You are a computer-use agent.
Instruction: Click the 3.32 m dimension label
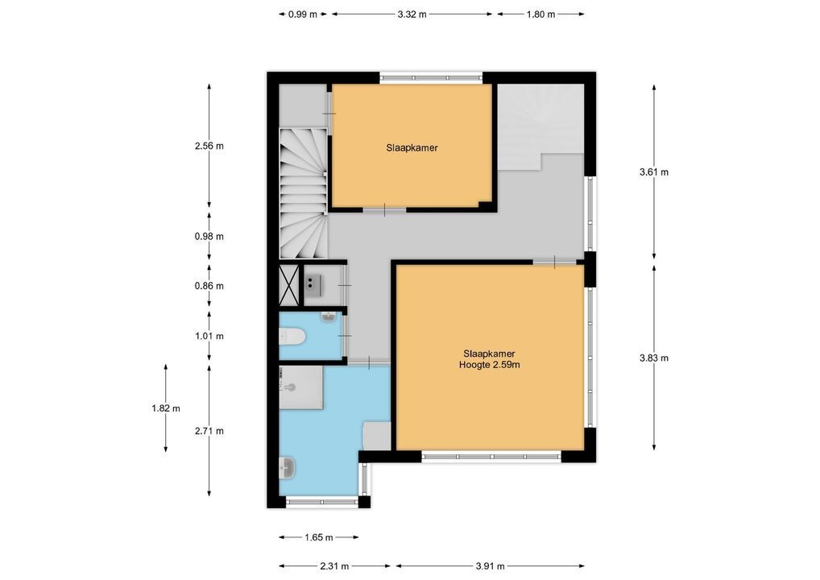click(x=412, y=14)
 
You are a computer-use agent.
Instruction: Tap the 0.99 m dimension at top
click(x=303, y=14)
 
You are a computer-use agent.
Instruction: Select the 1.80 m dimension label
click(x=540, y=14)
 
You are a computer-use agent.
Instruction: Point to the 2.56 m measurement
click(x=209, y=146)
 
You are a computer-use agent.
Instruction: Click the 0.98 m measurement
click(x=209, y=236)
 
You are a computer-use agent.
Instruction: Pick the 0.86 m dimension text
click(x=209, y=286)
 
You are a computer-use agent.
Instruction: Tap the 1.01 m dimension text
click(x=209, y=336)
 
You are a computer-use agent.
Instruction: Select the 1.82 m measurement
click(x=166, y=408)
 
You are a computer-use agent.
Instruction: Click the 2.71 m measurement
click(x=209, y=431)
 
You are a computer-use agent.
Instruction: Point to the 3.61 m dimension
click(x=654, y=172)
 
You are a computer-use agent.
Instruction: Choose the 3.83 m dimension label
click(x=654, y=358)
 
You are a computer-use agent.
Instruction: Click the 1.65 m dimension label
click(x=318, y=537)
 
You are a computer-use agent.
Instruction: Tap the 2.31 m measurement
click(x=334, y=565)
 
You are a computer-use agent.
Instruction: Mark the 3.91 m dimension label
click(x=490, y=565)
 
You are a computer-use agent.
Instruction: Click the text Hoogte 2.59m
click(x=490, y=365)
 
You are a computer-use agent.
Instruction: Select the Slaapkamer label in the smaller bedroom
click(x=412, y=148)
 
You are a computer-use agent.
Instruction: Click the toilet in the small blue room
click(x=292, y=336)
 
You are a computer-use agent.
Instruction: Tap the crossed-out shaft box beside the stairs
click(x=288, y=285)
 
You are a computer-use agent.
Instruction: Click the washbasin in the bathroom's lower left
click(x=287, y=467)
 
